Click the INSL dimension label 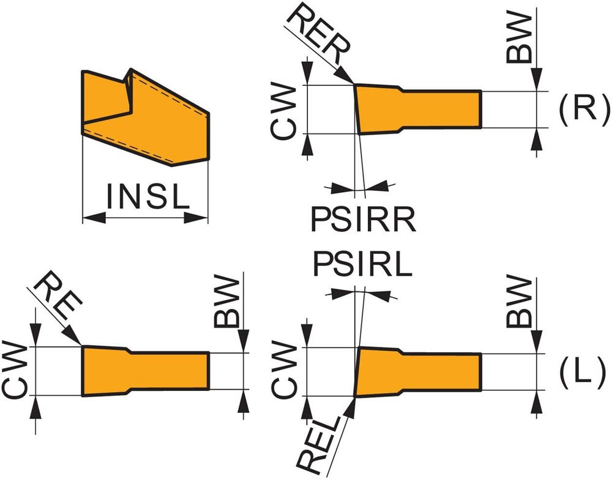(x=145, y=197)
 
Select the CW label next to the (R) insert (x=285, y=109)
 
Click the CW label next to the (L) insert (x=285, y=371)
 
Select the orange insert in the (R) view (x=416, y=109)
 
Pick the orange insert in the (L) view (x=416, y=371)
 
